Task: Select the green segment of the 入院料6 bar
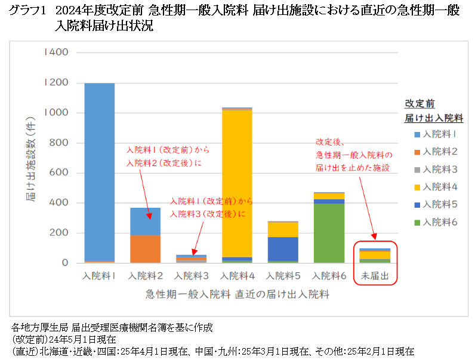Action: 329,233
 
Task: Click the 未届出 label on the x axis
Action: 375,276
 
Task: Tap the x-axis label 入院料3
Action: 192,276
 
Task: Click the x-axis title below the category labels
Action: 237,294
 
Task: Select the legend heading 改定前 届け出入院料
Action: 434,110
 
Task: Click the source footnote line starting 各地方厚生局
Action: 112,328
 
